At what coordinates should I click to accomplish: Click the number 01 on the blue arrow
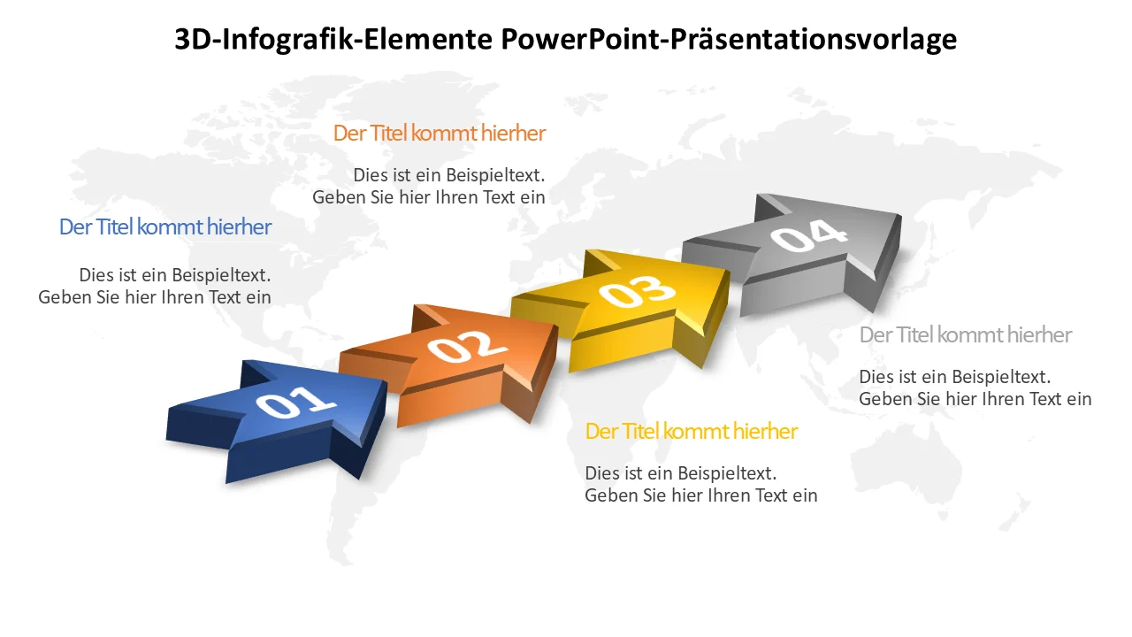coord(295,403)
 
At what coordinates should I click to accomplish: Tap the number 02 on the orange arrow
coord(467,346)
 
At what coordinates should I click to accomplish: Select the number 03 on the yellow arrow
coord(637,292)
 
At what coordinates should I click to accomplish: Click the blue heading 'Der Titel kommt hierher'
coord(165,227)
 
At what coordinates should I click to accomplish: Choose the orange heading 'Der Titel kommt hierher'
coord(440,134)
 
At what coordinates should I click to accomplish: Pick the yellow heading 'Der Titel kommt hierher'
coord(692,432)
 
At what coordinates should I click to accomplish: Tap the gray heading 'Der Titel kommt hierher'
coord(966,335)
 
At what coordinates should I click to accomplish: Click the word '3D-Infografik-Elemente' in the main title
coord(333,40)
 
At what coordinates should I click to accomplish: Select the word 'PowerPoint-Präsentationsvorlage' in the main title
coord(729,40)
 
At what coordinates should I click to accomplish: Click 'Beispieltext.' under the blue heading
coord(221,275)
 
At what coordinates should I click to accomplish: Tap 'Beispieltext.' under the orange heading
coord(495,175)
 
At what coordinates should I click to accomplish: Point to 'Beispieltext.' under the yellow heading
coord(727,473)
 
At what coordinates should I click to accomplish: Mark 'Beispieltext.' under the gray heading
coord(1001,377)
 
